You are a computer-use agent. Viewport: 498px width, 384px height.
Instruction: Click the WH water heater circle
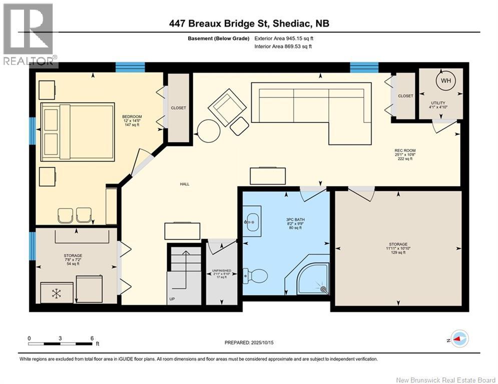click(445, 80)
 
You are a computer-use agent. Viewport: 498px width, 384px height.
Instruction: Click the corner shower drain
click(324, 289)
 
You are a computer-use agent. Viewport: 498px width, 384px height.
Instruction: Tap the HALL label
click(185, 184)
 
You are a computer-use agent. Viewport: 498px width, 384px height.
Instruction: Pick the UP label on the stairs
click(172, 299)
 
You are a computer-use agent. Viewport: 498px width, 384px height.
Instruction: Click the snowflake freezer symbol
click(56, 293)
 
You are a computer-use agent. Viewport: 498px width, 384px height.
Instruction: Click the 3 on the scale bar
click(60, 338)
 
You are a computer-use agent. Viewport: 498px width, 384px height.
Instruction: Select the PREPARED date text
click(249, 342)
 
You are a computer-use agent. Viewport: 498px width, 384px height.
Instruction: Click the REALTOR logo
click(29, 34)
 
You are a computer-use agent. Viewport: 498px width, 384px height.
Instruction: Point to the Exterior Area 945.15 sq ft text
click(284, 38)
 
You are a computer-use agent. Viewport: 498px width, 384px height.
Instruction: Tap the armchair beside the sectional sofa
click(227, 107)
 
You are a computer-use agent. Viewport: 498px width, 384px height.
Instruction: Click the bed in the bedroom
click(77, 131)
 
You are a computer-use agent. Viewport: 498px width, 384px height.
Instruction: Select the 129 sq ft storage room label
click(398, 248)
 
